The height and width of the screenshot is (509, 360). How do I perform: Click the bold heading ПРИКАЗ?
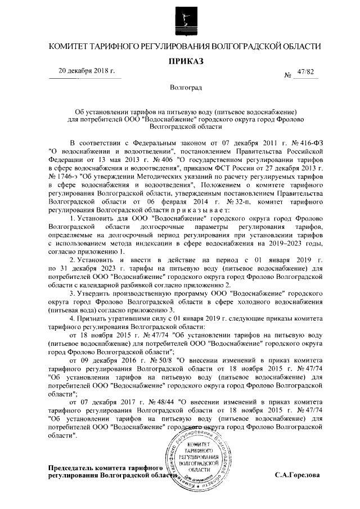coord(184,60)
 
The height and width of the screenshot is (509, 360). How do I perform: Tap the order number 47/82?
coord(304,72)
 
